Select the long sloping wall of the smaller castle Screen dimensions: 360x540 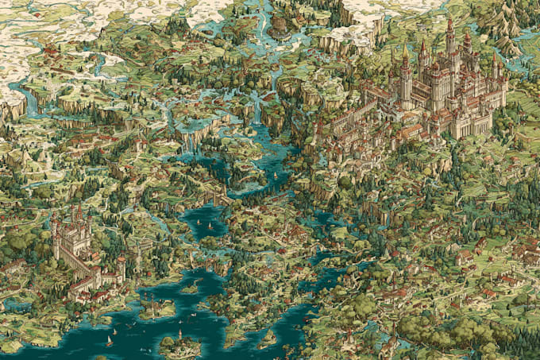click(75, 262)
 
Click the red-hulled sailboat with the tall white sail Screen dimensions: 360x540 click(109, 340)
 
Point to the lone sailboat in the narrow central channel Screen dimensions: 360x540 click(275, 174)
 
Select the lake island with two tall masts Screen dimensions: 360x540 click(179, 343)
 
